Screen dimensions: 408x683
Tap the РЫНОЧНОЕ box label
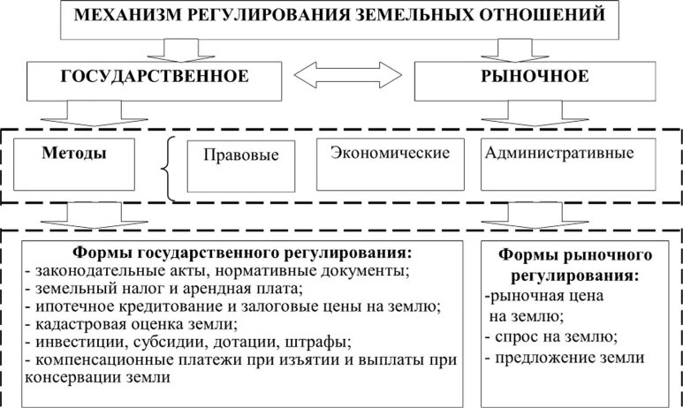[x=534, y=76]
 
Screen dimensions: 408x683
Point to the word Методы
[x=74, y=153]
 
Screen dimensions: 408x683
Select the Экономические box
[x=391, y=153]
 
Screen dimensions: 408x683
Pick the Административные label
[x=558, y=153]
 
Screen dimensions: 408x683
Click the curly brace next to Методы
[x=168, y=167]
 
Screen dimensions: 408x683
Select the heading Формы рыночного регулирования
[x=575, y=264]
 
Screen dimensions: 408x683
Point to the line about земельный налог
[x=164, y=288]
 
